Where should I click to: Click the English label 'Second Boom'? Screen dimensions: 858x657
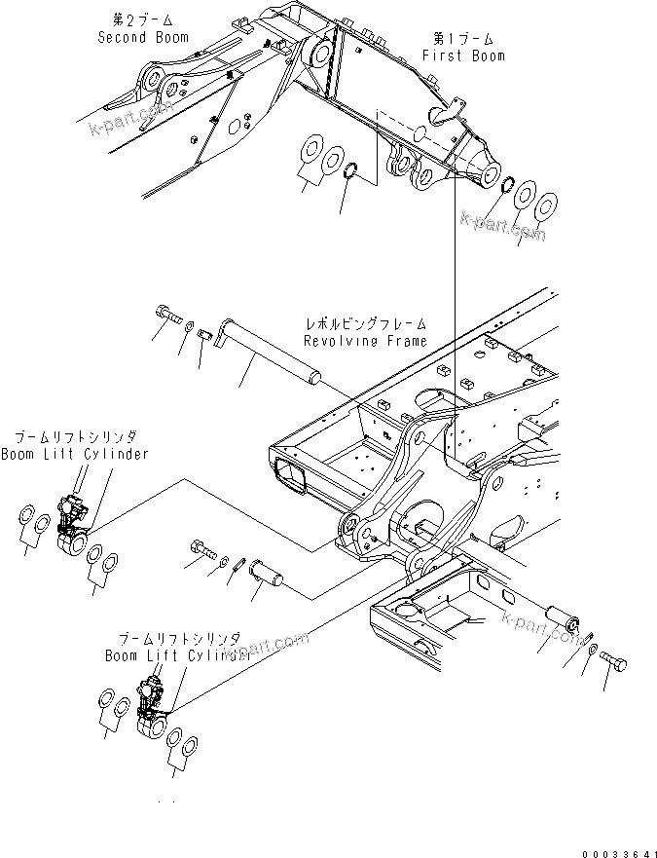143,37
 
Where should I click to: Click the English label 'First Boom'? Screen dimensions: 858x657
463,56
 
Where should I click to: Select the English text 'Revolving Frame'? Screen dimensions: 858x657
364,341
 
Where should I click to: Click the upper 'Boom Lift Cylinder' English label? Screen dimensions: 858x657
74,454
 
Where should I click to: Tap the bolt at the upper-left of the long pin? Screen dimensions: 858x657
168,314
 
